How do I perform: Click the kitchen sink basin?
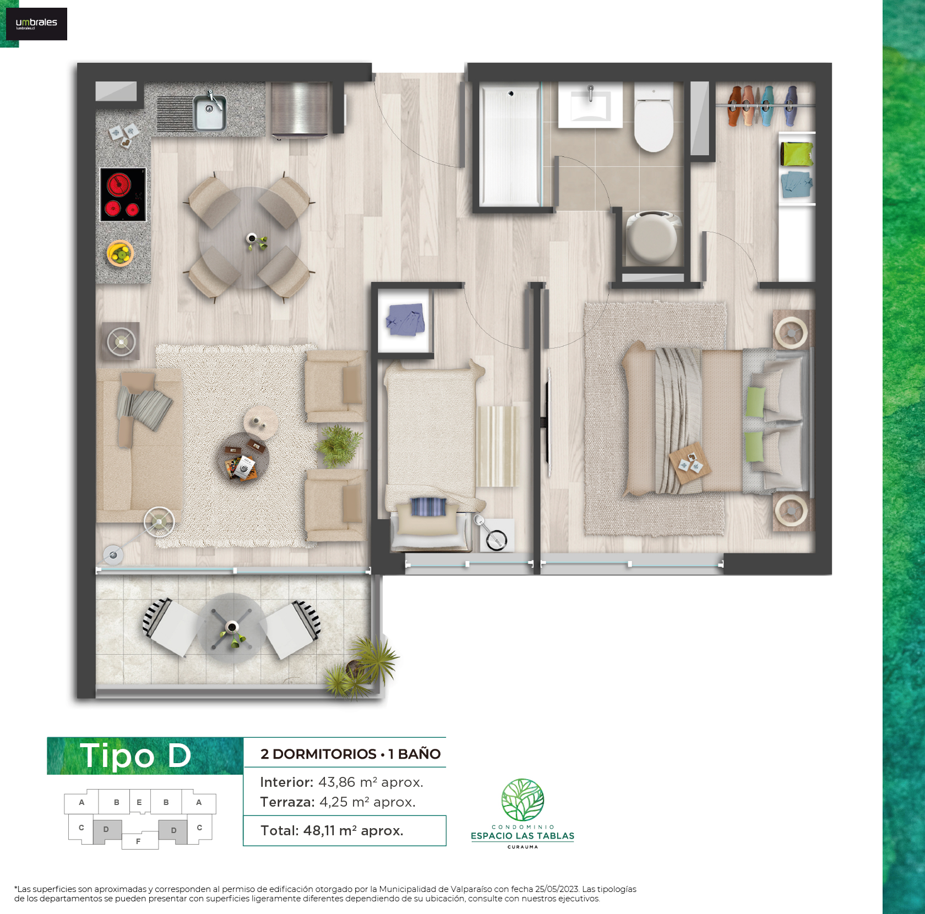coord(209,112)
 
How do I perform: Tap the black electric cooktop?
coord(123,194)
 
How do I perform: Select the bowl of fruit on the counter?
coord(120,253)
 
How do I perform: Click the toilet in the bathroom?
coord(654,117)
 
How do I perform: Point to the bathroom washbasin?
coord(590,105)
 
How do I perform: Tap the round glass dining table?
coord(249,238)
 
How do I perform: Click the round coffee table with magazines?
coord(246,456)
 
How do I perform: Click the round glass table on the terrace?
coord(232,628)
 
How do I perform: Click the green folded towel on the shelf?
coord(797,154)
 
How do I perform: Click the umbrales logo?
coord(36,24)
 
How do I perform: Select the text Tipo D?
coord(135,755)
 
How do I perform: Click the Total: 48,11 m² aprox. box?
coord(345,830)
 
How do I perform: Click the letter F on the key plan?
coord(138,841)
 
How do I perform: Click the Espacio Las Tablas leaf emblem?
coord(523,799)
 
